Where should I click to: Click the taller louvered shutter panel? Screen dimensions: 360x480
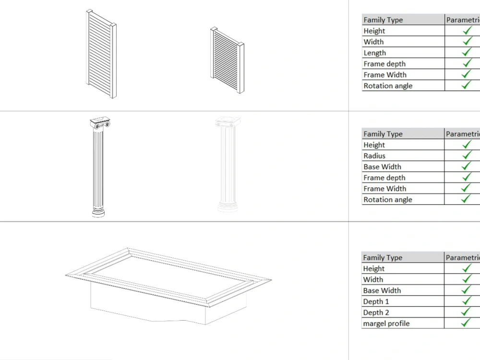pos(101,54)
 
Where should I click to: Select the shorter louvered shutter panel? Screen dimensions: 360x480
pos(227,60)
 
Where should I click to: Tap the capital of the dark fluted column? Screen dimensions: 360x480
pos(99,124)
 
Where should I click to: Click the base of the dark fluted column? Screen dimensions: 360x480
pos(98,211)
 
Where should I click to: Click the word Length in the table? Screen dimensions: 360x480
pos(375,53)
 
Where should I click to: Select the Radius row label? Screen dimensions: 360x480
pos(374,156)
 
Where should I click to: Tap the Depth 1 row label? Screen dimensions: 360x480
pos(376,301)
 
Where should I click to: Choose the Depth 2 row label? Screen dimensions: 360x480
pos(376,312)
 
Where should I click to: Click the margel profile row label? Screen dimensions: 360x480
pos(386,324)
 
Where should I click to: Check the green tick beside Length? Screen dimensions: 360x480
pos(467,52)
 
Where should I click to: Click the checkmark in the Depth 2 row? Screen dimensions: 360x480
pos(466,312)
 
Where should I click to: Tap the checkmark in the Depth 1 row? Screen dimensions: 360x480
pos(466,301)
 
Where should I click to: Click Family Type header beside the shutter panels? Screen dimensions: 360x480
pos(383,20)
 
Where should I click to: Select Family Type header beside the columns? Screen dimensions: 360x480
pos(383,134)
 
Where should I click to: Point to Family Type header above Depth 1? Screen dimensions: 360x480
pos(383,258)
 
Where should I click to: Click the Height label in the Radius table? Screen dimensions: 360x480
pos(374,145)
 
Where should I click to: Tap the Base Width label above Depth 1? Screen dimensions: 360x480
pos(382,290)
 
